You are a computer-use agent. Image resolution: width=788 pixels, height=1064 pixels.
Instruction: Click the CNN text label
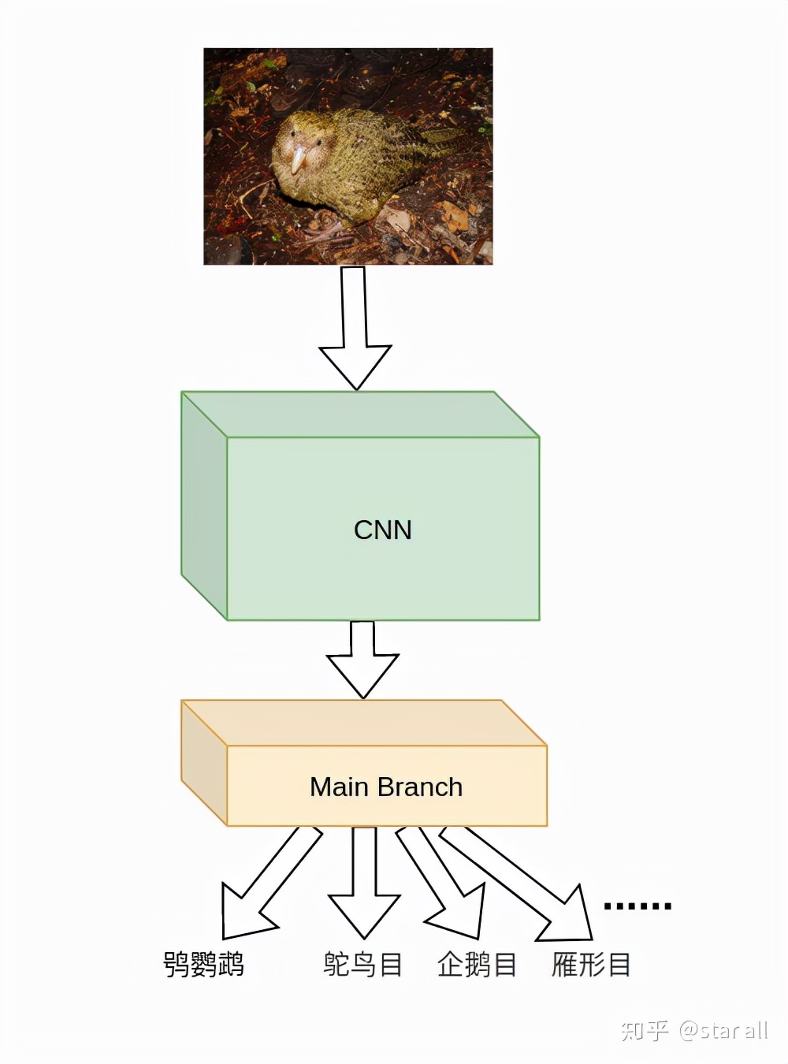(383, 530)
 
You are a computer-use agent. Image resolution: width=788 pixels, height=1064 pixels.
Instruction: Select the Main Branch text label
(386, 787)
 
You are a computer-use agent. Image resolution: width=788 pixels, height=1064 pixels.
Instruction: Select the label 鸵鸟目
(362, 964)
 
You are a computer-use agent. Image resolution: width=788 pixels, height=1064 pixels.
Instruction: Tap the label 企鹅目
(477, 964)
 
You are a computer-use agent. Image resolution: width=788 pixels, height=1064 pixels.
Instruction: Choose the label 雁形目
(591, 964)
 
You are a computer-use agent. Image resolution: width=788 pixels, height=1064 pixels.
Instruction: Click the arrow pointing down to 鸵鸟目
(364, 883)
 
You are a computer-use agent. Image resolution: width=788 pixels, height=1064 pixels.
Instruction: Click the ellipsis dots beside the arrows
(637, 906)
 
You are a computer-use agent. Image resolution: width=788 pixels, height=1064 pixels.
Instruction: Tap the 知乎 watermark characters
(645, 1030)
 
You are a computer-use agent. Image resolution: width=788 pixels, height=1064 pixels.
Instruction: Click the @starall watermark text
(723, 1030)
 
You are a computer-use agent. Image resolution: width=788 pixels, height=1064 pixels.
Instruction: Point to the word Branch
(420, 787)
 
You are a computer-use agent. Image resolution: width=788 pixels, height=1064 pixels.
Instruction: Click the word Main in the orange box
(340, 787)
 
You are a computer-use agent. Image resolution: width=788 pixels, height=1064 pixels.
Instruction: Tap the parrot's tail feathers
(441, 142)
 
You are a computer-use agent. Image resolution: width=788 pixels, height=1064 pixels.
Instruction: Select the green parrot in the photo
(347, 166)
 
